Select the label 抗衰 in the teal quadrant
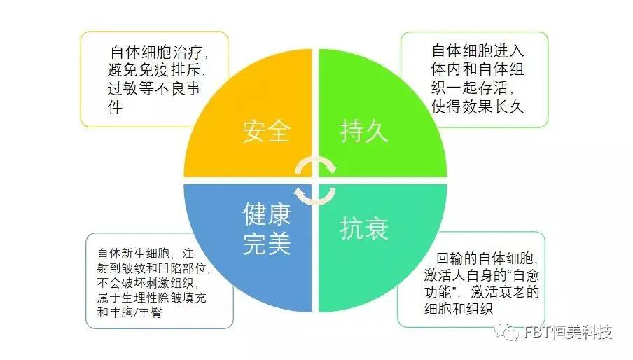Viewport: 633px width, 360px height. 364,228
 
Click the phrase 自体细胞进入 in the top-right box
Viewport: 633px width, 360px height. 477,50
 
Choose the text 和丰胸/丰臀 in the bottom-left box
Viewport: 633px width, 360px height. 130,313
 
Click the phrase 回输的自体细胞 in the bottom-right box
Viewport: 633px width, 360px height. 483,256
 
